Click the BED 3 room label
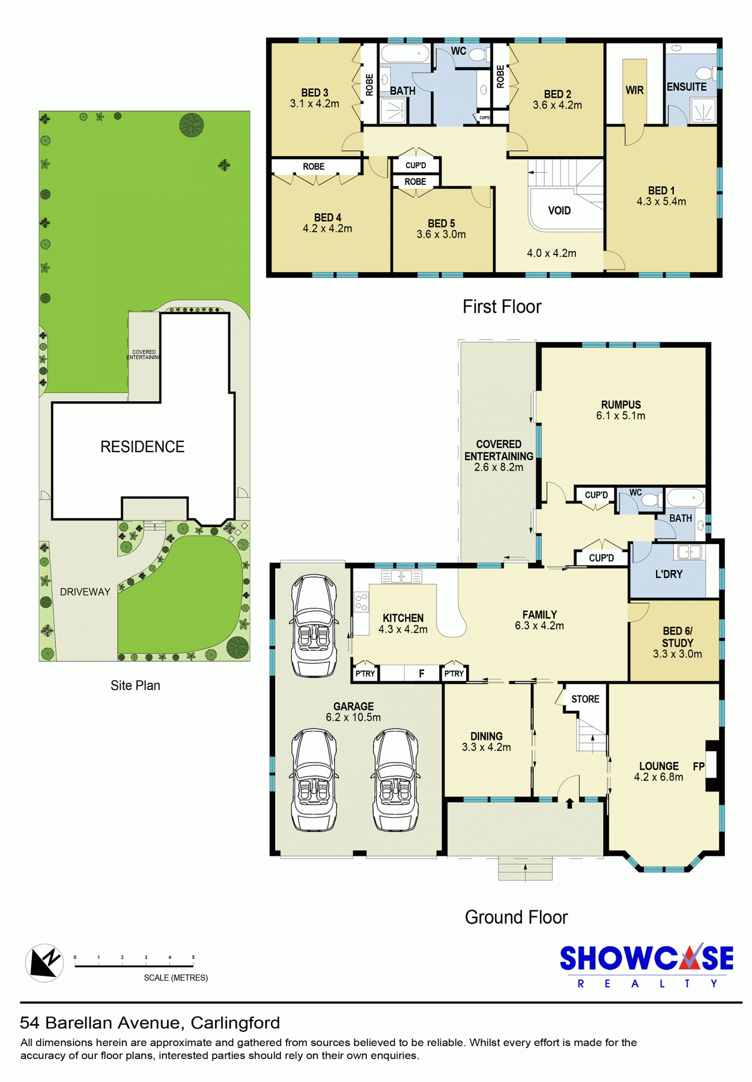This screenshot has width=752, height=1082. tap(314, 93)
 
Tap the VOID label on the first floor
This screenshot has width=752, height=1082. tap(559, 210)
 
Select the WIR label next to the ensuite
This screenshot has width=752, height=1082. tap(634, 90)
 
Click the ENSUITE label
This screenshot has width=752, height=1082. tap(686, 87)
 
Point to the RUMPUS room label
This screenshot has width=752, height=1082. tap(621, 405)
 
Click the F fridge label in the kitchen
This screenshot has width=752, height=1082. tap(422, 674)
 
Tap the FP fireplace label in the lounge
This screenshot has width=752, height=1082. tap(698, 766)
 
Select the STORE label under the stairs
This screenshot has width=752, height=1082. tap(585, 699)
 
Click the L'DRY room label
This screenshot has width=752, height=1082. tap(669, 574)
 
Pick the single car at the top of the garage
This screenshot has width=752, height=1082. tap(314, 626)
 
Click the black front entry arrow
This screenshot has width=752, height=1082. tap(570, 803)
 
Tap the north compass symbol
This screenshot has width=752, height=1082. tap(45, 963)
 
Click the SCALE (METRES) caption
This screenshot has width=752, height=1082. tap(175, 977)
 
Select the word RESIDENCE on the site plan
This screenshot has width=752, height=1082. tap(142, 446)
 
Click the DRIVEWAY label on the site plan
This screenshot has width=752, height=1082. tap(85, 592)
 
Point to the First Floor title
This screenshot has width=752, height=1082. tap(502, 307)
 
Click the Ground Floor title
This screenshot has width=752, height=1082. tap(516, 917)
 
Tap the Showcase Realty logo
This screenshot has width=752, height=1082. tap(647, 966)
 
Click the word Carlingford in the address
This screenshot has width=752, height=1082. tap(235, 1022)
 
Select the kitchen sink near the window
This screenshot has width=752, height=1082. tap(402, 576)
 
